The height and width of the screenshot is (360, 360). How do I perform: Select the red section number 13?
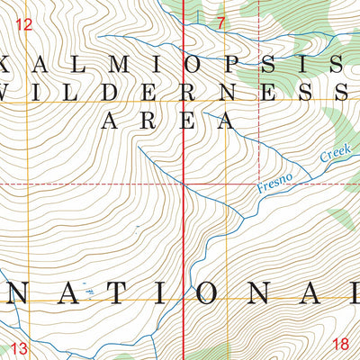(x=20, y=347)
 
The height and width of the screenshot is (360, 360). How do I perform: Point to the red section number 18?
(x=339, y=344)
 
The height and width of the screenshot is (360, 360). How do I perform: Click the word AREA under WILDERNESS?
(x=166, y=120)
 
